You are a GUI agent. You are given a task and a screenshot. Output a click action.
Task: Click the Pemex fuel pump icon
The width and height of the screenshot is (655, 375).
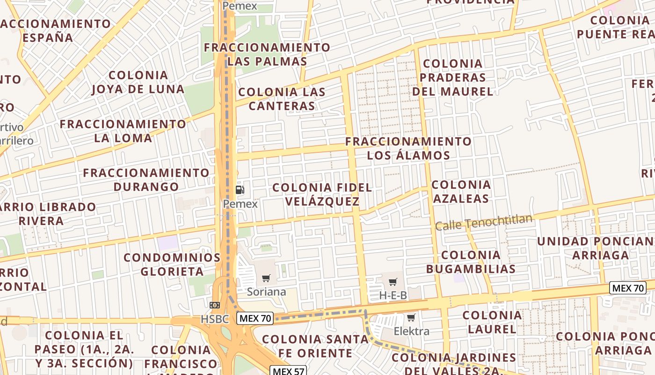tap(240, 190)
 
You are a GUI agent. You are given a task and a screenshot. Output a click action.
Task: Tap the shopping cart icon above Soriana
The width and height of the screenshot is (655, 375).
tap(266, 278)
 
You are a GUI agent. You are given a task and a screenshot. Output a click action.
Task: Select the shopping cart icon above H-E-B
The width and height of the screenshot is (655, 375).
tap(393, 282)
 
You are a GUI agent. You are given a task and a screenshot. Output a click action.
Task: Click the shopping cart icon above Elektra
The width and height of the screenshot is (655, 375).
tap(411, 318)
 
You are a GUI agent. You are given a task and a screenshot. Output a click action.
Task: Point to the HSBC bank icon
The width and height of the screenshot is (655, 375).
tap(215, 305)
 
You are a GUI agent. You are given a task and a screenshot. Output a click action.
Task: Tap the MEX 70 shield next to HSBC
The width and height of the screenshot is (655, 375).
tap(255, 319)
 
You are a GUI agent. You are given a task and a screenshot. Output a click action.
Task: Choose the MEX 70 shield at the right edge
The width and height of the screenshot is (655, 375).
tap(628, 288)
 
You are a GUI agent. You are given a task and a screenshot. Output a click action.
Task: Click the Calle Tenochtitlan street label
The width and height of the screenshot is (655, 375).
tap(484, 222)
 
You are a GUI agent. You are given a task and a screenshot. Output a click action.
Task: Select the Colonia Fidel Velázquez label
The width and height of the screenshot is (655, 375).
tap(322, 195)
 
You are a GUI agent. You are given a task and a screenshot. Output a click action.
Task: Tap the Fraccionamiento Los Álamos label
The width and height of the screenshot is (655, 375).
tap(408, 148)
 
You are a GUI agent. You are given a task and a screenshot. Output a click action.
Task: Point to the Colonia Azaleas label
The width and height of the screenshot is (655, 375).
tap(461, 192)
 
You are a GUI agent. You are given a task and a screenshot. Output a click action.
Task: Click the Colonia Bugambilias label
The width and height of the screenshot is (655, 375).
tap(471, 262)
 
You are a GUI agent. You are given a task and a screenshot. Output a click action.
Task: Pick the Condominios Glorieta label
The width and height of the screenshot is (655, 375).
tap(172, 264)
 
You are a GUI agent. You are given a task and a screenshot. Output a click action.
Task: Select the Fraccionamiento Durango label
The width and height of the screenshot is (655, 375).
tap(146, 180)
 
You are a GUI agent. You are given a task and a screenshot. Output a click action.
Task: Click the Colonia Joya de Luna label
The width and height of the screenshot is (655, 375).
tap(138, 82)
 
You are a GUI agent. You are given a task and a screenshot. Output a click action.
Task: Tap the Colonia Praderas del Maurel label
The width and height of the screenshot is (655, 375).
tap(452, 77)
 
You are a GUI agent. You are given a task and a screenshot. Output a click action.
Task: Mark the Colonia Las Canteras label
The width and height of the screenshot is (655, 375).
tap(282, 99)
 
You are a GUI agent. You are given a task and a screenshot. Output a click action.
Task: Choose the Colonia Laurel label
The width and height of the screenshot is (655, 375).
tap(492, 322)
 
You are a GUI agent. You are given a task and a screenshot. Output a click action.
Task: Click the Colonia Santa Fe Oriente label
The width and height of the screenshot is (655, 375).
tap(315, 346)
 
